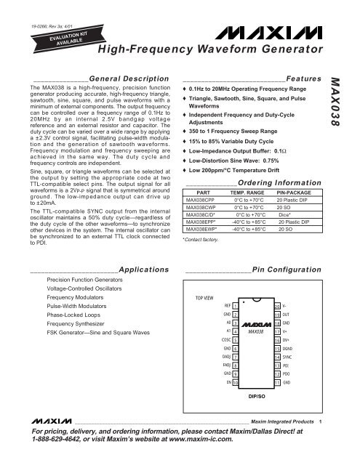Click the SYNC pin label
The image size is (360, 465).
click(287, 379)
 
